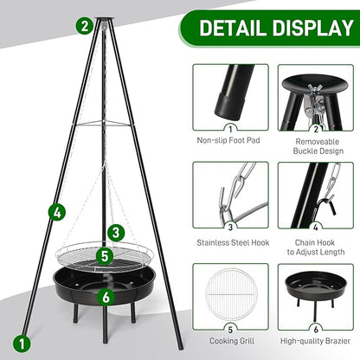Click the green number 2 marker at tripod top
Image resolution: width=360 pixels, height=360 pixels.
pyautogui.click(x=83, y=25)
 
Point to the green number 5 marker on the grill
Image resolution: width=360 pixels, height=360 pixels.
pyautogui.click(x=103, y=256)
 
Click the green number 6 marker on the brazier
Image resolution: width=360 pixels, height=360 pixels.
pyautogui.click(x=105, y=296)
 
